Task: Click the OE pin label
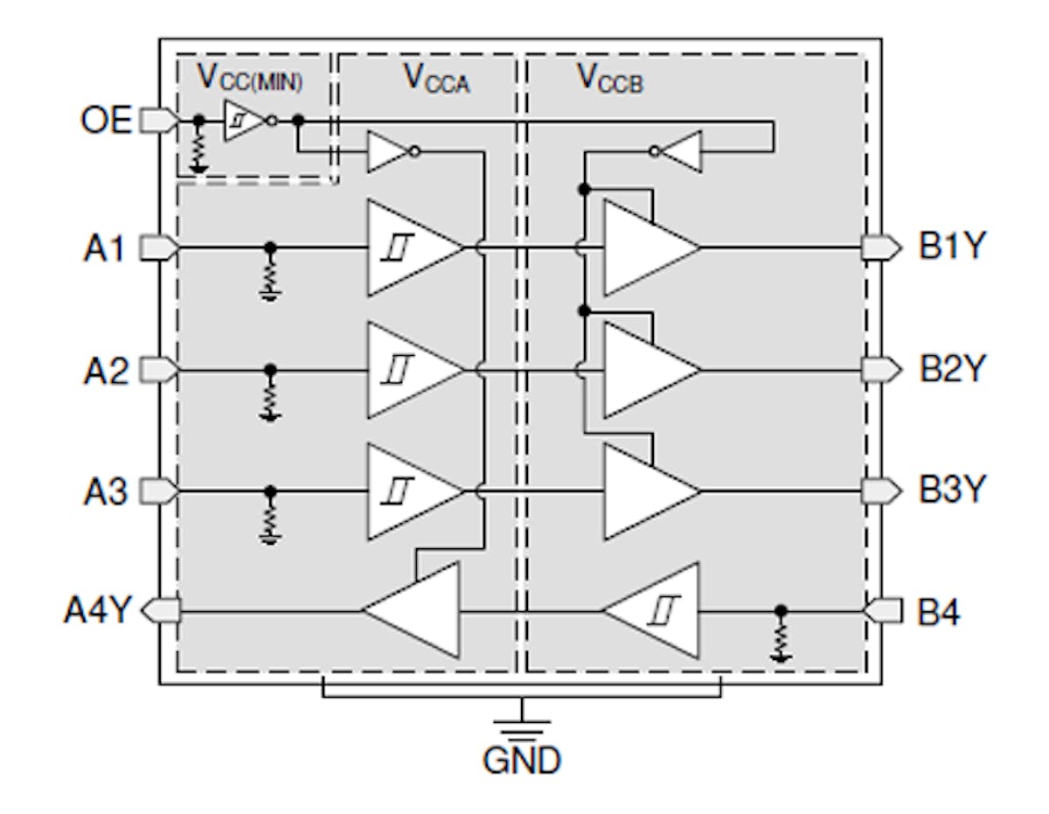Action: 106,120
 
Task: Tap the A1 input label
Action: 106,249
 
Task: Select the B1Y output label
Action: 951,248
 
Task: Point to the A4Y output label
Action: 96,610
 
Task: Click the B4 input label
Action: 938,613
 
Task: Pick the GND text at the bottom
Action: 522,761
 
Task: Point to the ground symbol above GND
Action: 522,725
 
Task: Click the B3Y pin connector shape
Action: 880,491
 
